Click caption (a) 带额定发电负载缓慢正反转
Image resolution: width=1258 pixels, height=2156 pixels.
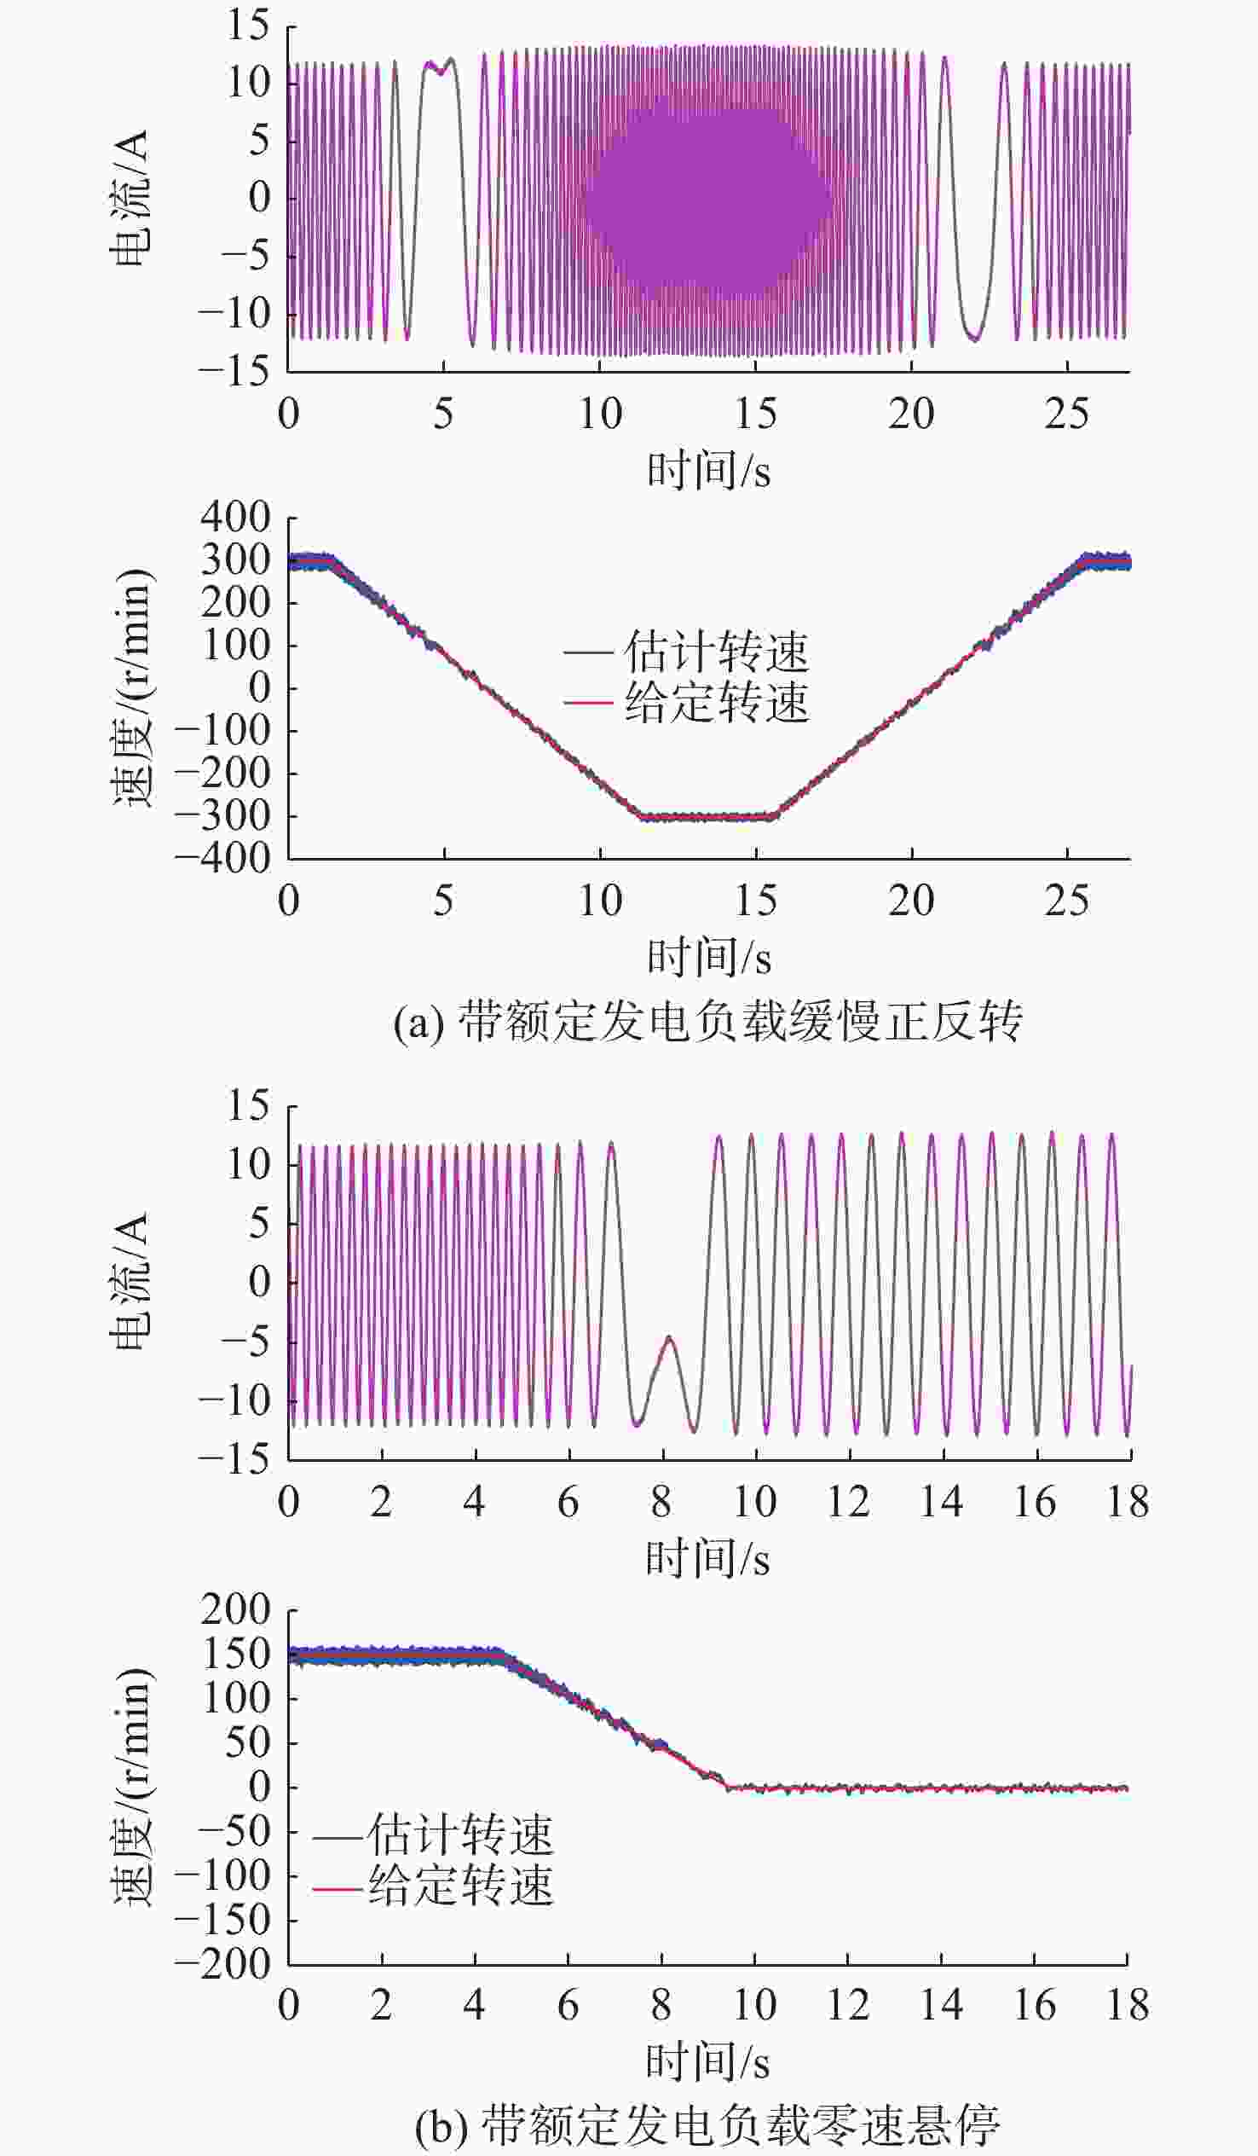pyautogui.click(x=707, y=1021)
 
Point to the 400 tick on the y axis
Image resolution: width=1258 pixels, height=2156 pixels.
pyautogui.click(x=235, y=518)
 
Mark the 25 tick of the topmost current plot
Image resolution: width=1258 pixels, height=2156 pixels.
pyautogui.click(x=1066, y=414)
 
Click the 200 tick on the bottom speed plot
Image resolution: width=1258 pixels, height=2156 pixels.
pyautogui.click(x=235, y=1610)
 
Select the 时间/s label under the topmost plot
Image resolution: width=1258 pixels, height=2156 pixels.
pyautogui.click(x=708, y=472)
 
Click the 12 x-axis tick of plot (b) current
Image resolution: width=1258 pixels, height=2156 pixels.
pyautogui.click(x=848, y=1502)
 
